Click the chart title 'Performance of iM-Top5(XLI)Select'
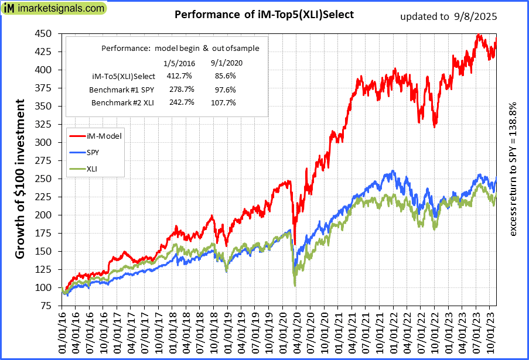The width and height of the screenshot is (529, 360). [264, 15]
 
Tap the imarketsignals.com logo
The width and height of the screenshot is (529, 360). [54, 9]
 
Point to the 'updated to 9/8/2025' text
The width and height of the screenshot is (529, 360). [448, 16]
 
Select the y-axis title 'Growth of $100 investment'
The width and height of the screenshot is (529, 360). [20, 179]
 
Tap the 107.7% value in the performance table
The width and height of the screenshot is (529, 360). [223, 102]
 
